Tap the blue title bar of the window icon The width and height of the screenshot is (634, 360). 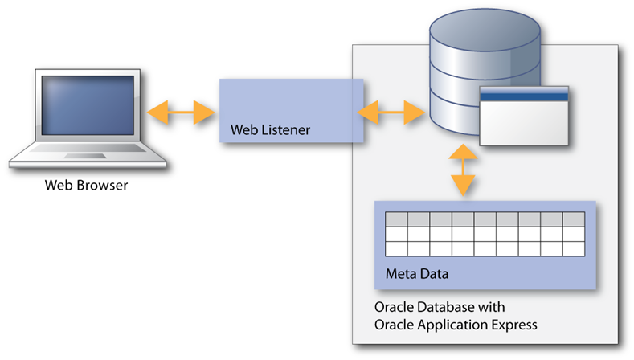pos(524,96)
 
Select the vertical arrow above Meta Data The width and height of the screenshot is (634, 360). pos(463,171)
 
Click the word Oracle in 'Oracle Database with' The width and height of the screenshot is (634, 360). pos(393,308)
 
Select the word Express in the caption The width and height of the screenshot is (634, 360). pos(515,325)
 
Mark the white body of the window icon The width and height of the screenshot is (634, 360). pos(524,123)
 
